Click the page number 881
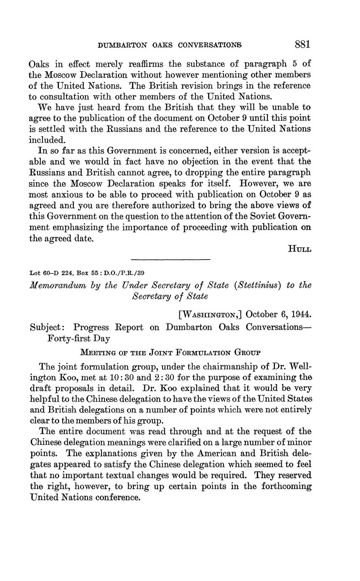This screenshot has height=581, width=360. pyautogui.click(x=303, y=44)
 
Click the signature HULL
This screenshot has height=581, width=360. pyautogui.click(x=299, y=249)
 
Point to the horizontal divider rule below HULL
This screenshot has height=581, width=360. pyautogui.click(x=170, y=259)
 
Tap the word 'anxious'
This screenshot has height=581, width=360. pyautogui.click(x=70, y=195)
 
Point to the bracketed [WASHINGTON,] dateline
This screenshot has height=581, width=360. pyautogui.click(x=209, y=314)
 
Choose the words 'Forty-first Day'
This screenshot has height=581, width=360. pyautogui.click(x=79, y=338)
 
